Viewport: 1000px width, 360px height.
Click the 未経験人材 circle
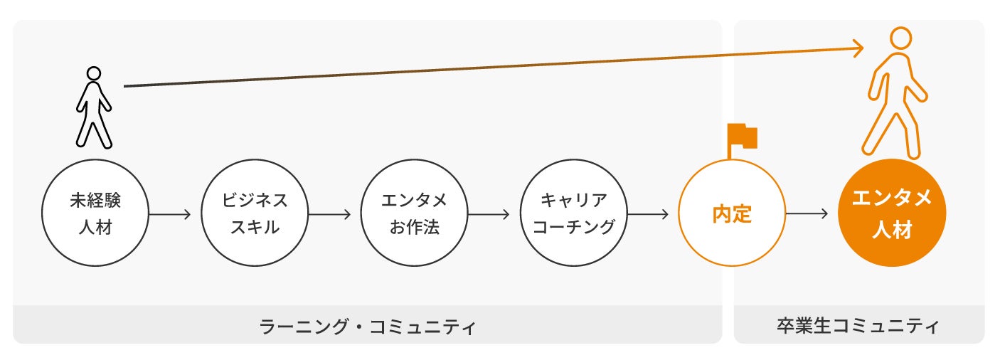95,214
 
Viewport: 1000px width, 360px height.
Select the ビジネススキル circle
255,214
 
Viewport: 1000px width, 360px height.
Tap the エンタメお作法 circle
414,214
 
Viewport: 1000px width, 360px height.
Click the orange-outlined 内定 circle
732,213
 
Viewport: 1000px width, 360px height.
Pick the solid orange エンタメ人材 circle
892,213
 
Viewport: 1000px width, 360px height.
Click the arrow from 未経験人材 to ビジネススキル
171,213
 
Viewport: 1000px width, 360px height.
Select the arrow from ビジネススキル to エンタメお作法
330,213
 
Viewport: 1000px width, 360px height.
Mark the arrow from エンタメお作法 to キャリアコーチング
489,213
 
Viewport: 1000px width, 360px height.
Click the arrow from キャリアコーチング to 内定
649,213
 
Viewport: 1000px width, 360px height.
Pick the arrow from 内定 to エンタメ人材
808,213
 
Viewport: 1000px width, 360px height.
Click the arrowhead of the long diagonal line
859,48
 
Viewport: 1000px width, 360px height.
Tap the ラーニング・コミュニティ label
367,327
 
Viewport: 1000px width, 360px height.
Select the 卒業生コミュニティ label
858,326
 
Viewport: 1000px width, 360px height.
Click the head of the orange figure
900,38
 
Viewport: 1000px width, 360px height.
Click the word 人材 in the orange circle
892,230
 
